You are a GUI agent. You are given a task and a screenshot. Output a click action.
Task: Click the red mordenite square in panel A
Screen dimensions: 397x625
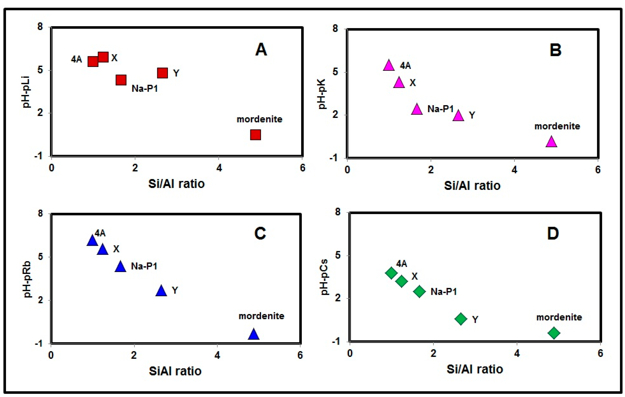pos(255,135)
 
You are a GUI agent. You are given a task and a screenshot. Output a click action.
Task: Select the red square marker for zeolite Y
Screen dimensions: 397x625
pos(163,73)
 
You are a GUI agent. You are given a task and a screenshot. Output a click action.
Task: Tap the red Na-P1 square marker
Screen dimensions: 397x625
pos(121,80)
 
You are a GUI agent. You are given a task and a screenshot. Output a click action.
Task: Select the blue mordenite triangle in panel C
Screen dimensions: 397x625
pos(254,334)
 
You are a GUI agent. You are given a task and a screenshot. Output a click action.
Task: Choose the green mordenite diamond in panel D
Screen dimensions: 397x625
pos(554,333)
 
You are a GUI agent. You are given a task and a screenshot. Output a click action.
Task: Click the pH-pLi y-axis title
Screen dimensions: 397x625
pos(27,92)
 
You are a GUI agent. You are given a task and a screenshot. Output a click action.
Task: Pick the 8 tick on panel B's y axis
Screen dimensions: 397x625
pos(335,29)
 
